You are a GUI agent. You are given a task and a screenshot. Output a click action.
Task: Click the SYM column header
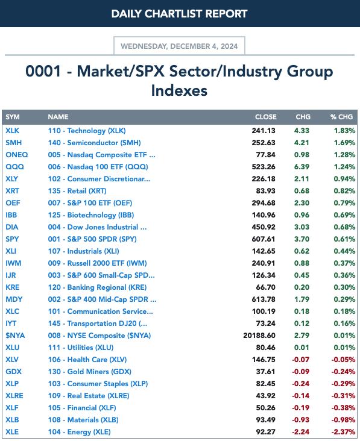click(x=13, y=117)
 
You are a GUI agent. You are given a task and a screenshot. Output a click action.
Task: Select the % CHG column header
click(x=341, y=117)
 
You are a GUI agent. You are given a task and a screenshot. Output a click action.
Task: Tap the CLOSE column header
click(x=266, y=117)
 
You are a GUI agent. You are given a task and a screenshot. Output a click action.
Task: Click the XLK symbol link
click(x=13, y=131)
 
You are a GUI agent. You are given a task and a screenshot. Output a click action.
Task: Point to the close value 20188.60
click(x=259, y=336)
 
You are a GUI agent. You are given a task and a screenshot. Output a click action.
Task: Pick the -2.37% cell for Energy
click(x=343, y=432)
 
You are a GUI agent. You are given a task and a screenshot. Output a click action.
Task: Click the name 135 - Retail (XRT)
click(x=77, y=191)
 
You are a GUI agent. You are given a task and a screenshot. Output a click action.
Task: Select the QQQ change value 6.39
click(x=302, y=167)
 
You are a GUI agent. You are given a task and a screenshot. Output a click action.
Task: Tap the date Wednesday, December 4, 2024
click(x=179, y=46)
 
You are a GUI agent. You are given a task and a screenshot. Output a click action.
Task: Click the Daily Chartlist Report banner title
click(x=179, y=14)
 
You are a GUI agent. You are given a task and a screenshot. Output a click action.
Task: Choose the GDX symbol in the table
click(x=13, y=372)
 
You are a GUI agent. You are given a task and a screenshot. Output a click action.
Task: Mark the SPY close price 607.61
click(x=264, y=239)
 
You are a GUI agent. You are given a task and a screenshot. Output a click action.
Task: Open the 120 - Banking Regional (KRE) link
click(x=97, y=287)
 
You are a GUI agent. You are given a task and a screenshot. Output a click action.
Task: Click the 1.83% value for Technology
click(x=344, y=131)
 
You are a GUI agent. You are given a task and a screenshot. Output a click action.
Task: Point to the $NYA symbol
click(x=15, y=336)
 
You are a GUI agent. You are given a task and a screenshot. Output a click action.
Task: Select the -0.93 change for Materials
click(x=301, y=420)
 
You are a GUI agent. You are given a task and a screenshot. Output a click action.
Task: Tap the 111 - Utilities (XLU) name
click(x=80, y=348)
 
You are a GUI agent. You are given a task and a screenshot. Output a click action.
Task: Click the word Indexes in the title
click(x=179, y=90)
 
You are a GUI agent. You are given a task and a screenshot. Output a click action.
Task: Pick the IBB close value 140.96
click(x=264, y=215)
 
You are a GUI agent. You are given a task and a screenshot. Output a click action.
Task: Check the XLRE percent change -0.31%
click(x=343, y=396)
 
